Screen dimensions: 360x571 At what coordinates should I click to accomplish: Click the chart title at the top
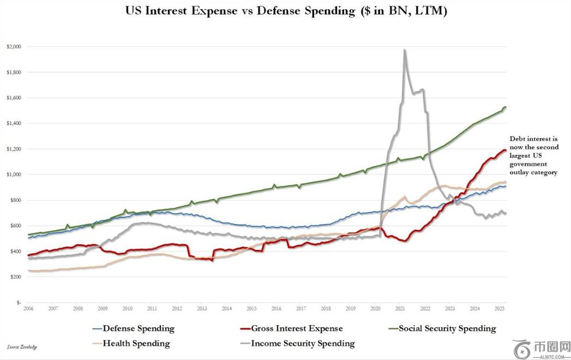click(286, 11)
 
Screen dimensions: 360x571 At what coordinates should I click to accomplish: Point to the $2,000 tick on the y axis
click(14, 47)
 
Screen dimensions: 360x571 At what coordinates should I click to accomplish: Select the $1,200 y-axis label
click(14, 149)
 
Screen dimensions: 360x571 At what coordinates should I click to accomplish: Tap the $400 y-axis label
click(15, 251)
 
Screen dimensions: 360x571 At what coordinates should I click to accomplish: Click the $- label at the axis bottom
click(19, 302)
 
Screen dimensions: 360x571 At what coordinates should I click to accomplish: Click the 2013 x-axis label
click(201, 309)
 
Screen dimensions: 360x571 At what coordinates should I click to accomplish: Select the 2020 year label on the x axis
click(375, 309)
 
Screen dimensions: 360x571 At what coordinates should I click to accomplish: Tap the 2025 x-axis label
click(499, 309)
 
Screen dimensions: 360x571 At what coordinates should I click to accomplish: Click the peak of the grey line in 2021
click(404, 50)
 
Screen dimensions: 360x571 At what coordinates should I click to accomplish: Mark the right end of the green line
click(506, 107)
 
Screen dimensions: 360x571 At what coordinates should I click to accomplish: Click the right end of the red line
click(506, 150)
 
